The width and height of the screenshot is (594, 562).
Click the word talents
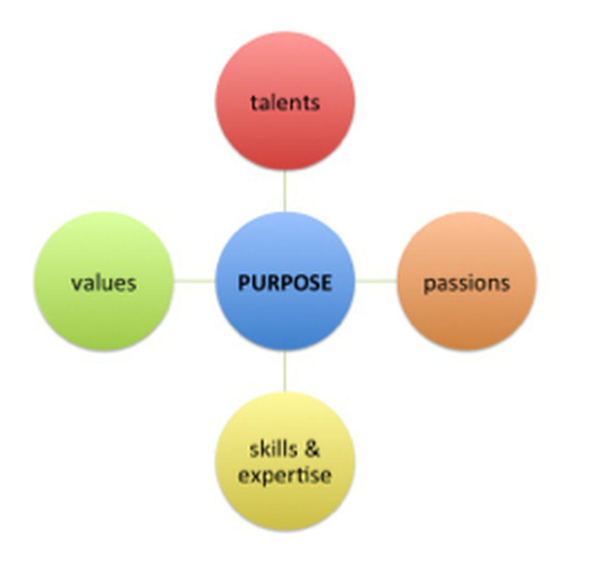point(285,102)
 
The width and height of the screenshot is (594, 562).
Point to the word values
point(104,283)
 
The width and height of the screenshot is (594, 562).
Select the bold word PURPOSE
point(285,283)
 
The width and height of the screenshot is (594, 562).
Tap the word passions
point(467,284)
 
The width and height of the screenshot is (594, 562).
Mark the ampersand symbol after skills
point(313,449)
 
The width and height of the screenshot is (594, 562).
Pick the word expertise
point(285,476)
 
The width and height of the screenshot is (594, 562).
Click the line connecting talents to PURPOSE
point(285,192)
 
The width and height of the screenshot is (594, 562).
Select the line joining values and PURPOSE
point(194,282)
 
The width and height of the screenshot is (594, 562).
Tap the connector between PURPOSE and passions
point(376,281)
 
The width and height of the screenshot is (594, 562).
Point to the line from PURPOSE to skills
point(285,371)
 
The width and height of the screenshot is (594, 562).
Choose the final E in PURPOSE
point(325,283)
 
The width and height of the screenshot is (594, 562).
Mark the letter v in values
point(76,284)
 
